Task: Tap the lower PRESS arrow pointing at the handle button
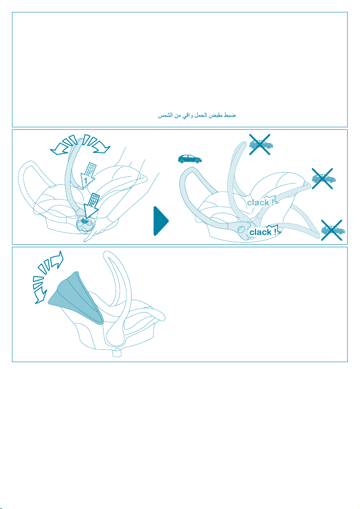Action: coord(91,205)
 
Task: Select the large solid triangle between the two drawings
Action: coord(161,221)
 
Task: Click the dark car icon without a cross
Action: coord(190,159)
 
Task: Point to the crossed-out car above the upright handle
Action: coord(260,144)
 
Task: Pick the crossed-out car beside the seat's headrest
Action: coord(323,178)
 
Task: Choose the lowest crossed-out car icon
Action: coord(332,230)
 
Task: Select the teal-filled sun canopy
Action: coord(76,298)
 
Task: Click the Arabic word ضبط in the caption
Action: coord(231,115)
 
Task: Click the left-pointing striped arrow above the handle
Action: coord(64,145)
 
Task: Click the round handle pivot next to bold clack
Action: coord(241,229)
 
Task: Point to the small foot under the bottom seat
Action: coord(117,353)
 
